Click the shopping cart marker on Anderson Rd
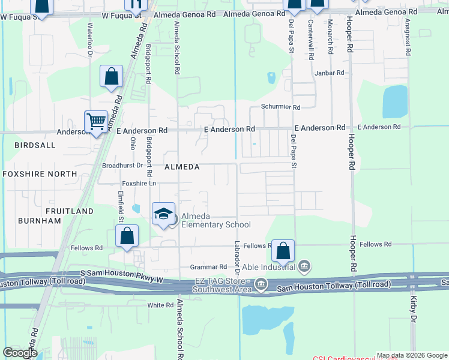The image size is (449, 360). [96, 122]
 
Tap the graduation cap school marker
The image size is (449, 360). [163, 214]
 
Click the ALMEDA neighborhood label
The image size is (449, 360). [182, 167]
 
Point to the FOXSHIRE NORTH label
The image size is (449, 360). [40, 174]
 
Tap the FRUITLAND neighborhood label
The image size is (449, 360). [70, 211]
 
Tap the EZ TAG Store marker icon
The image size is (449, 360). [261, 283]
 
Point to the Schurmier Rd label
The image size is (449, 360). [280, 107]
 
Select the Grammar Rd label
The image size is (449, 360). [208, 266]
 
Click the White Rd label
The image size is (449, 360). [160, 305]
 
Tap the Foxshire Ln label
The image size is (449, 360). [139, 183]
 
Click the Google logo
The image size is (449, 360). [20, 353]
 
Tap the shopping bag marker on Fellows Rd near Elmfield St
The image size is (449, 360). [127, 236]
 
